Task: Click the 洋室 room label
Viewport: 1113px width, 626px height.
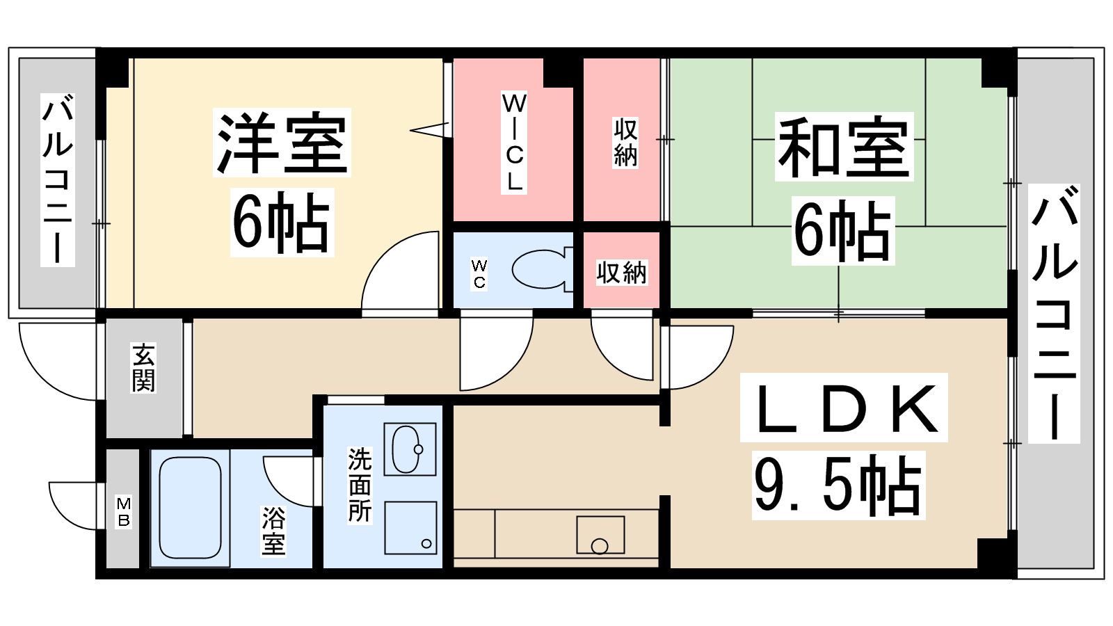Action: point(282,143)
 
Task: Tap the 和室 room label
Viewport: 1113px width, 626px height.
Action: point(844,147)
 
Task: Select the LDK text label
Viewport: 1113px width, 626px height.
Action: point(844,408)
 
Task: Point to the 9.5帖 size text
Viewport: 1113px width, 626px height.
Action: point(838,485)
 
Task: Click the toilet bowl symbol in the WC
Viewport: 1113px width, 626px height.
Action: point(542,268)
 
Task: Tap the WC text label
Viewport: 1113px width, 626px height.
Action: point(479,274)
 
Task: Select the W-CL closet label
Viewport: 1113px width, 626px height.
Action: point(514,143)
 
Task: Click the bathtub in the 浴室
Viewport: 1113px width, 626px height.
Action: point(190,508)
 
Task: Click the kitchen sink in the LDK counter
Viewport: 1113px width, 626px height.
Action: point(600,535)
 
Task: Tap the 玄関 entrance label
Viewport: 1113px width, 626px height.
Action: point(143,368)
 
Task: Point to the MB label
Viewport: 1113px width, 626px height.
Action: point(123,512)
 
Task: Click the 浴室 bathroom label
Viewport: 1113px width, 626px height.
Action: point(274,531)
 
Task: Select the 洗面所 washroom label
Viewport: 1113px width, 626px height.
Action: point(360,485)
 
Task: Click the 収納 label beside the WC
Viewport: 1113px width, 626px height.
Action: point(622,273)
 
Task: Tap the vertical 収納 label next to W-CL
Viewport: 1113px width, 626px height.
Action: point(625,143)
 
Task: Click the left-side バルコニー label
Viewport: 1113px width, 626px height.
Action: point(58,179)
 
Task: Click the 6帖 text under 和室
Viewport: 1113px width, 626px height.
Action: point(842,230)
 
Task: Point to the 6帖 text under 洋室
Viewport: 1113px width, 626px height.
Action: point(282,222)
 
